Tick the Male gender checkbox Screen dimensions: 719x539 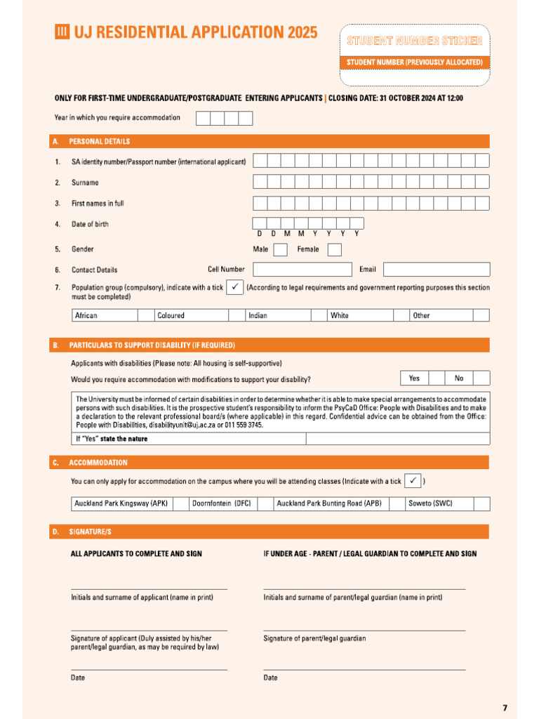[280, 250]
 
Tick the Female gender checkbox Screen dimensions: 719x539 [335, 250]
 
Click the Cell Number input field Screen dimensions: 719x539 [302, 270]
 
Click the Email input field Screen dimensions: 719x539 [437, 270]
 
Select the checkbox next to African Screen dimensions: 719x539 [145, 315]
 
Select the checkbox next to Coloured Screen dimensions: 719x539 [237, 315]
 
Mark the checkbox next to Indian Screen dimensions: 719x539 [319, 315]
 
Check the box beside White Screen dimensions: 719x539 [401, 315]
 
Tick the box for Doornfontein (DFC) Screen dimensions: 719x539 [264, 503]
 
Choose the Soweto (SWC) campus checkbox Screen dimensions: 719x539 [481, 503]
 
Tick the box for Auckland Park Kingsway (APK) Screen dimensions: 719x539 [180, 503]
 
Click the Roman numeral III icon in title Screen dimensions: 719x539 [62, 32]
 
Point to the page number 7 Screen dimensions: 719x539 [505, 706]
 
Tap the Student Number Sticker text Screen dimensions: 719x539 [415, 41]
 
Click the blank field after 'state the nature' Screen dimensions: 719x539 [398, 439]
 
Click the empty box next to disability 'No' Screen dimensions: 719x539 [481, 378]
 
